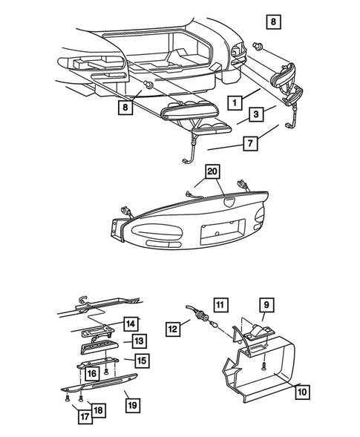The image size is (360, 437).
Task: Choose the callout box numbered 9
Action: (x=266, y=303)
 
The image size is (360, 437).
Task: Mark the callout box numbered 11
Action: (x=219, y=303)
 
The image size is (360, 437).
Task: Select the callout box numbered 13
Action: (x=138, y=341)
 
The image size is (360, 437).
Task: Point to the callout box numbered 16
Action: (x=93, y=373)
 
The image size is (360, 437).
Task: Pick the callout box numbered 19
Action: (x=132, y=405)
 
